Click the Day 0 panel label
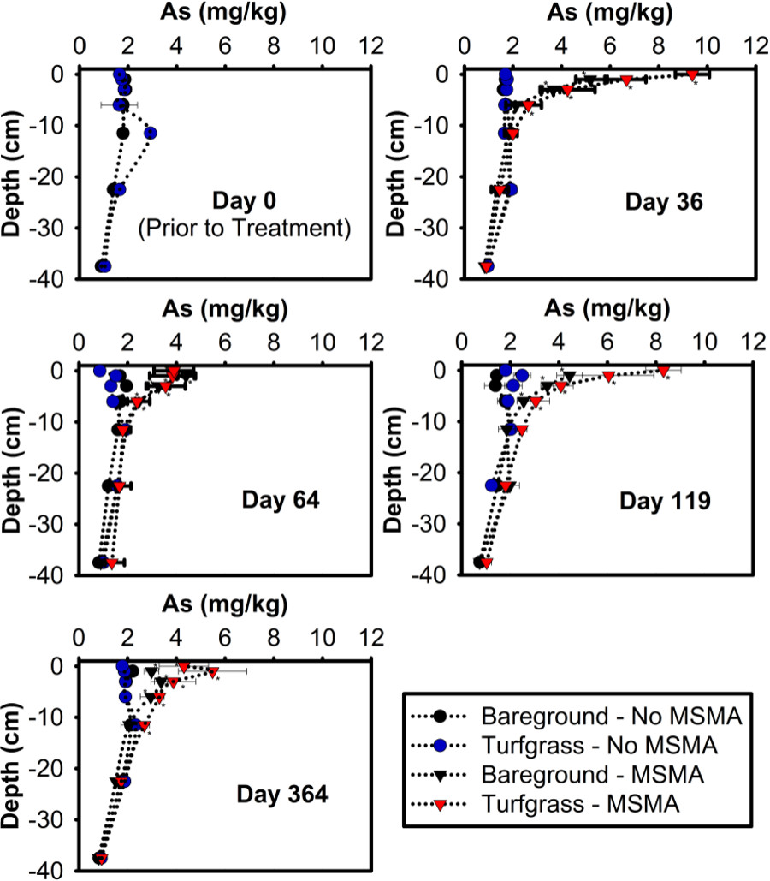click(x=246, y=203)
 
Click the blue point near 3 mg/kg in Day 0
click(x=151, y=133)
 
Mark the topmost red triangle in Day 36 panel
click(x=693, y=74)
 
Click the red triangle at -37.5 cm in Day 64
click(x=111, y=563)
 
